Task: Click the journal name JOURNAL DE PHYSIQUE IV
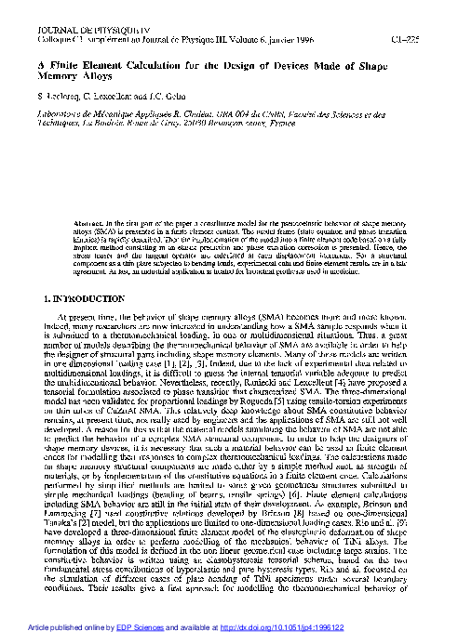pos(64,31)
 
